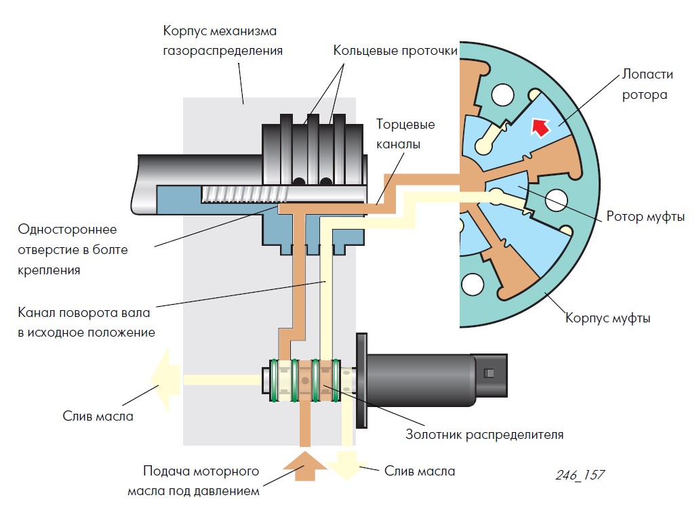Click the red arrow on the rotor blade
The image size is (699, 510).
click(540, 127)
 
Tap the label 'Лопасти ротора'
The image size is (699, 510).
click(644, 85)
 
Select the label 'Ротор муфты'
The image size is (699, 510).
click(644, 217)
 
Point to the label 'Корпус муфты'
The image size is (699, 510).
click(607, 318)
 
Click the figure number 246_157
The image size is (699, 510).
click(580, 475)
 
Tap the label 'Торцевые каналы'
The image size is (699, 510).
click(405, 134)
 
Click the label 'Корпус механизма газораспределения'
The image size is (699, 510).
click(222, 41)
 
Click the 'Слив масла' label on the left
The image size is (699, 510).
click(98, 416)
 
